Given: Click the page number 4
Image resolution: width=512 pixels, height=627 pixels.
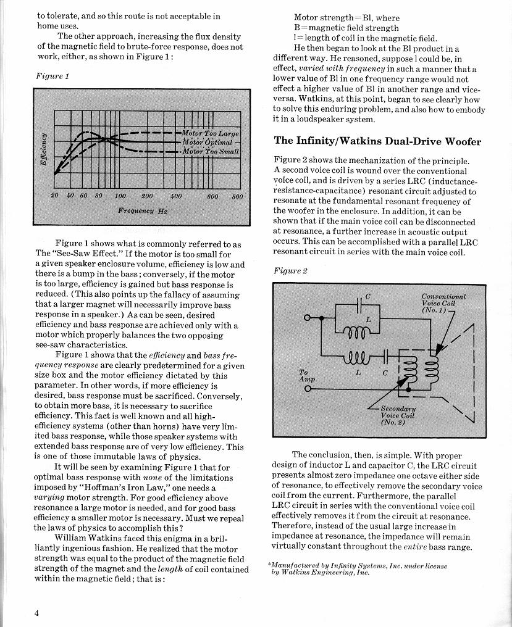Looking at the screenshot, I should coord(38,613).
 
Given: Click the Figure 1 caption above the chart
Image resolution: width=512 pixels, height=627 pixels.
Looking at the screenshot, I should coord(52,76).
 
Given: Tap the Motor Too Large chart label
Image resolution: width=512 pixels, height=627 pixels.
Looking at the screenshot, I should coord(211,133).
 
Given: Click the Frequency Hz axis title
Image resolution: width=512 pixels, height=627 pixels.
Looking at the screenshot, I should coord(143,210).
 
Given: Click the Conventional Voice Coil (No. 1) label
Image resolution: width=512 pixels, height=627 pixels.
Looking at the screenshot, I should coord(443,303).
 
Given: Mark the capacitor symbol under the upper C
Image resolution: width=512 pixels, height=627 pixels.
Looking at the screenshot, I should coord(360,307).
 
